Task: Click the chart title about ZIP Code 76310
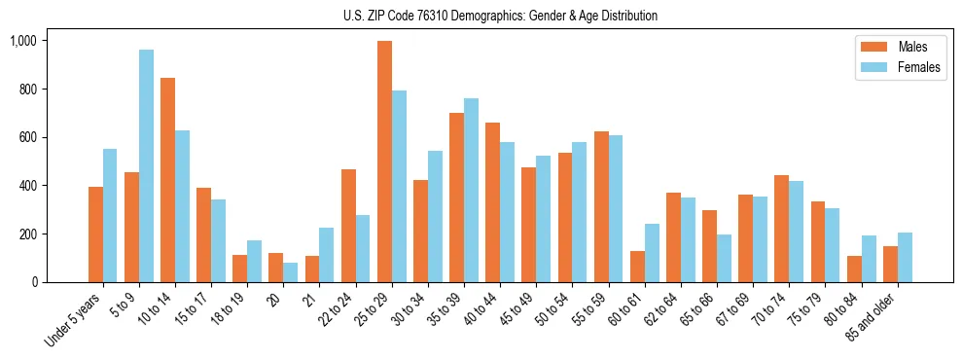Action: click(500, 16)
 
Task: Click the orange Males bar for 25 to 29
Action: click(384, 162)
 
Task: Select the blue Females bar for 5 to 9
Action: click(146, 166)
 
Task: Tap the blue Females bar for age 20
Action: click(290, 272)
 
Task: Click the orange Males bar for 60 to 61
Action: click(637, 267)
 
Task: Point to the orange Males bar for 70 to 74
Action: click(781, 229)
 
